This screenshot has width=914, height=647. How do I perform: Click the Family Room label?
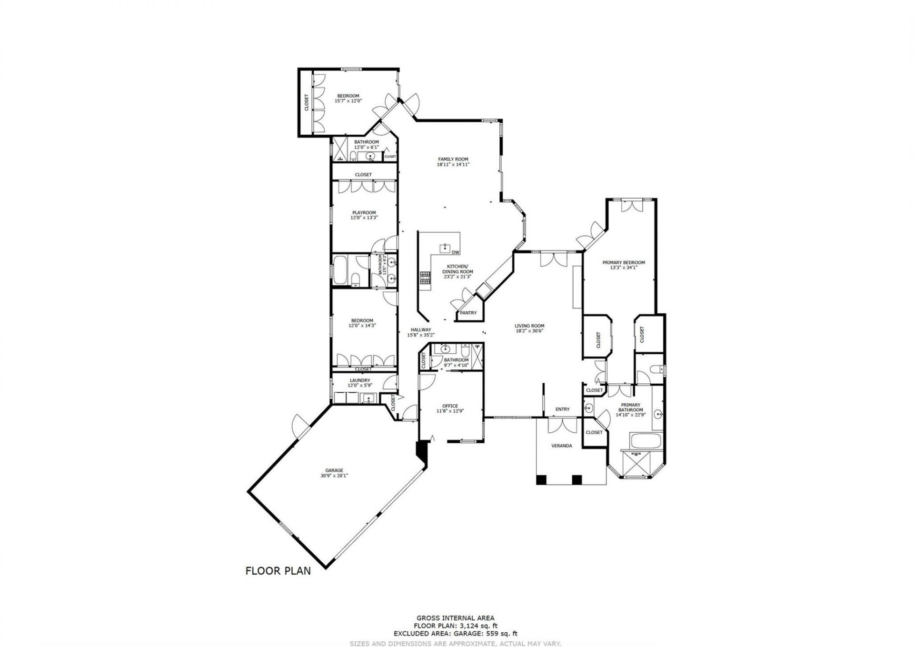[x=453, y=159]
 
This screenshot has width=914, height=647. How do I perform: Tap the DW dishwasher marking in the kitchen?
[x=456, y=252]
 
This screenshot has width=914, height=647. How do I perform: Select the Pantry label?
[x=468, y=313]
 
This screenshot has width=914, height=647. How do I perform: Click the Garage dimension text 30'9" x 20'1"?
[x=334, y=475]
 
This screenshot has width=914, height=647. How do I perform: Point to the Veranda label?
[x=562, y=446]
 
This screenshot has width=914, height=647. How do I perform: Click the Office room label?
[x=450, y=406]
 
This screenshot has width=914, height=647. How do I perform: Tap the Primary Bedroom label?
[x=624, y=262]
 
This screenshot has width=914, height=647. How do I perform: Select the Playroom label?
[x=364, y=212]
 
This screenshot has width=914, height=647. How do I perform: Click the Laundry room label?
[x=360, y=380]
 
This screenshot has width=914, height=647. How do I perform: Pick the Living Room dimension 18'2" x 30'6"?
[x=529, y=331]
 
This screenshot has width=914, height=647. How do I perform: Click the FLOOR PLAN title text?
[x=278, y=571]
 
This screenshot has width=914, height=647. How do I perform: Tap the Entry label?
[x=562, y=409]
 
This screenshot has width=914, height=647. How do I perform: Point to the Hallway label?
[x=421, y=329]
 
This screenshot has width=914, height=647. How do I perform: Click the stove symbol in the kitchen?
[x=424, y=277]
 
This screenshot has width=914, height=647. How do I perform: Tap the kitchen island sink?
[x=445, y=247]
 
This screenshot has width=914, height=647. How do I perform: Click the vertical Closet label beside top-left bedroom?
[x=306, y=102]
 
